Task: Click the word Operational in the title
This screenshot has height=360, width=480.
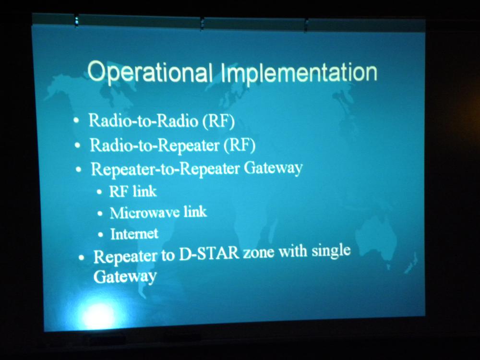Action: tap(150, 72)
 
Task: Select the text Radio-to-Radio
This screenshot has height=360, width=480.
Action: tap(143, 120)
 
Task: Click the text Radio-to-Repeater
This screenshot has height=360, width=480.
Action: tap(155, 144)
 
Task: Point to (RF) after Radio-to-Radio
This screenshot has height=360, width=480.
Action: tap(218, 121)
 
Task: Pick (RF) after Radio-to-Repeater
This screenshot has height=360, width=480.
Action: tap(240, 145)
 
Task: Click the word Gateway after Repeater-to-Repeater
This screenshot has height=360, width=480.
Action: tap(274, 168)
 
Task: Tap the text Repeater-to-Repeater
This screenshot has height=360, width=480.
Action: tap(165, 169)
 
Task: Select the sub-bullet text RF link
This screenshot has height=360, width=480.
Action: tap(133, 192)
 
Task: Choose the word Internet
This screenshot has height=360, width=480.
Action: tap(134, 234)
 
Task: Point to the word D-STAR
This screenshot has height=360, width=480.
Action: tap(209, 254)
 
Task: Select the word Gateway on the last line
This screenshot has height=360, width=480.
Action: tap(125, 276)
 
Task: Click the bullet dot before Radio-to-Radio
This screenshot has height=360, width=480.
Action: tap(76, 120)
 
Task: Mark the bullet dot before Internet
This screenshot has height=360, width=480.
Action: tap(101, 235)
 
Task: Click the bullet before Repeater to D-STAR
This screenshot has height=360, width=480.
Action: tap(81, 257)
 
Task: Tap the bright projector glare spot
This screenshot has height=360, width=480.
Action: tap(98, 315)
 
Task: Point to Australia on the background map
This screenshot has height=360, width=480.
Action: tap(379, 236)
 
